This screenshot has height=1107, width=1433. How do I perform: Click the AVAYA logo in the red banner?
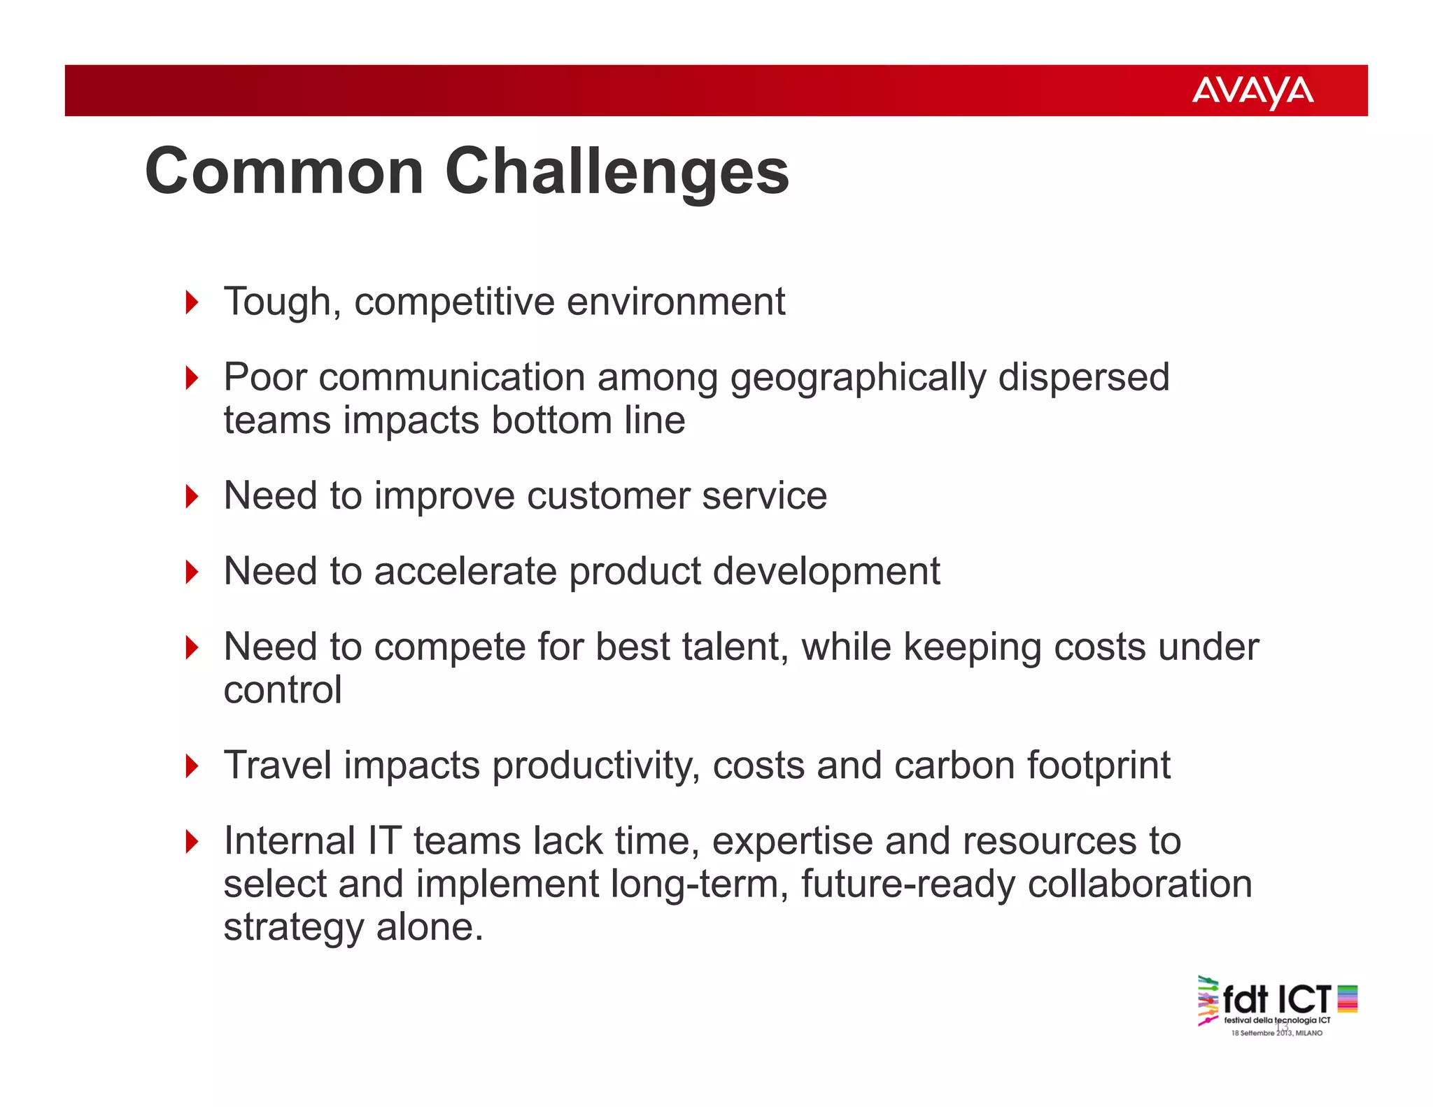click(1252, 92)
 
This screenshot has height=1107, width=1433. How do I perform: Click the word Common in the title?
click(284, 171)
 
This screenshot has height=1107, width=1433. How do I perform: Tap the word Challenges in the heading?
click(616, 173)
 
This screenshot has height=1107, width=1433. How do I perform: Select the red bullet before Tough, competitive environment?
click(192, 302)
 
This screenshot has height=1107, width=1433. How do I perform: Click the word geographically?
click(858, 378)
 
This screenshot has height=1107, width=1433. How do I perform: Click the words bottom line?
click(588, 420)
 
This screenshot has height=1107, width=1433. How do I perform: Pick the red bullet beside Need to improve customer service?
click(192, 496)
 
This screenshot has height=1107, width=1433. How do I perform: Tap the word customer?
click(608, 496)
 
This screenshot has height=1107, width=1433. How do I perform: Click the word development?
click(826, 572)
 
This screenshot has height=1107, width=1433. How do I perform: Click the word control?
click(283, 690)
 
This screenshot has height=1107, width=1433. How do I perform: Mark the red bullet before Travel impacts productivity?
click(192, 766)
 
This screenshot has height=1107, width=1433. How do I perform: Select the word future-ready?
click(908, 884)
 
